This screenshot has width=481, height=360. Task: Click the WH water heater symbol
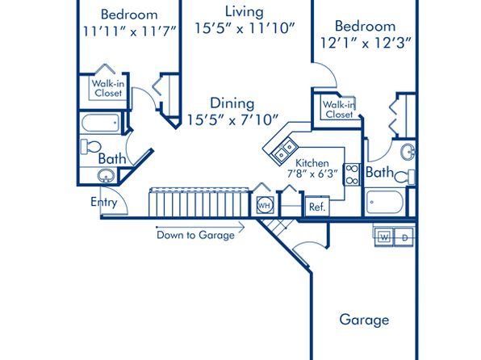pos(265,205)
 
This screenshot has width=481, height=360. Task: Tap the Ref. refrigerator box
pos(317,207)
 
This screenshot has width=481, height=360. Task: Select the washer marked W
pos(384,237)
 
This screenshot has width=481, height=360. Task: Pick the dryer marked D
pos(404,237)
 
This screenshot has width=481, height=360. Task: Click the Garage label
pos(364,320)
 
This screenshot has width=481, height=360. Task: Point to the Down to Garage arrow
pos(200,228)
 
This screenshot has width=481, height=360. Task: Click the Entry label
pos(104,203)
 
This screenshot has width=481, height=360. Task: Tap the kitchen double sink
pos(284,150)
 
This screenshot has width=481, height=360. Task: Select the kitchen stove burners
pos(352,174)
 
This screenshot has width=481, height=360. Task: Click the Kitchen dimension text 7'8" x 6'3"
pos(312,174)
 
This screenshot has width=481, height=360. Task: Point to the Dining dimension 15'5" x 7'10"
pos(232,119)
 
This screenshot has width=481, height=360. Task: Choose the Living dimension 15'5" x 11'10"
pos(245,28)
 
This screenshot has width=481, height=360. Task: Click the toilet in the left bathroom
pos(90,146)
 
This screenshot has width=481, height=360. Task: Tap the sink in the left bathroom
pos(106,176)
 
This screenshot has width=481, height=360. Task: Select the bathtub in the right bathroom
pos(385,203)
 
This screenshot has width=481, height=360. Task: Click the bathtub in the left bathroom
pos(101,123)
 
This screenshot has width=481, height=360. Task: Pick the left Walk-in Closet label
pos(108,88)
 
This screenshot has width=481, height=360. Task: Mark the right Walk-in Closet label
pos(339,109)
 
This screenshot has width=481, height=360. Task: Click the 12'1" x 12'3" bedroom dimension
pos(365,43)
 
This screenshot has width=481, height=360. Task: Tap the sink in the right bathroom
pos(408,152)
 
